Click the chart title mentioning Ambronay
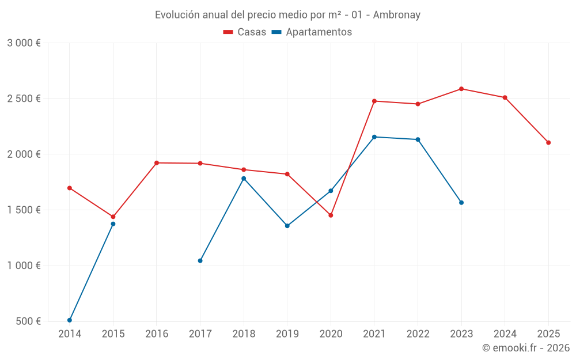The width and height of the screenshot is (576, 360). [x=287, y=14]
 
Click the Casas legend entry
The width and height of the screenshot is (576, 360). [x=245, y=32]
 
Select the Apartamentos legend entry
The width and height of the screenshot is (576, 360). [x=312, y=32]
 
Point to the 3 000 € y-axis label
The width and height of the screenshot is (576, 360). [x=24, y=43]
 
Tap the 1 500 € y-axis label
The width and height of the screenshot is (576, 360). [x=24, y=210]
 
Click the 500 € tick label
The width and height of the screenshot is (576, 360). [x=27, y=321]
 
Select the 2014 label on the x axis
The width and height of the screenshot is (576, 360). [x=70, y=334]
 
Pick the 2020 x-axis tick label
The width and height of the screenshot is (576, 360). [x=331, y=334]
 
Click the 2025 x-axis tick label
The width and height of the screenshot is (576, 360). [x=548, y=334]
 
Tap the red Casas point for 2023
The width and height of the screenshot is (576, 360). [x=461, y=89]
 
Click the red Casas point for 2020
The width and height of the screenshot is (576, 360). [x=331, y=215]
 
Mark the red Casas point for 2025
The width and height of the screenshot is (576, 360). [x=548, y=142]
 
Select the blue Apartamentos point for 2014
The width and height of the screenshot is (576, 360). [x=70, y=320]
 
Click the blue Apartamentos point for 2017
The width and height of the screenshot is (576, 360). [x=200, y=261]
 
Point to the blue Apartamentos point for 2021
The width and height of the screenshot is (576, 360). [x=374, y=137]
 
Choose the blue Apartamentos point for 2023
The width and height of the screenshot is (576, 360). [x=461, y=203]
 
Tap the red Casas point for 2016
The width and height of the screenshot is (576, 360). [x=157, y=163]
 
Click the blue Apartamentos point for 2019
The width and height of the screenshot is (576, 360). [x=287, y=226]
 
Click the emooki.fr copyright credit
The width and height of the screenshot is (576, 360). [x=525, y=348]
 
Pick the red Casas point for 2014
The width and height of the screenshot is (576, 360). [x=70, y=188]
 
